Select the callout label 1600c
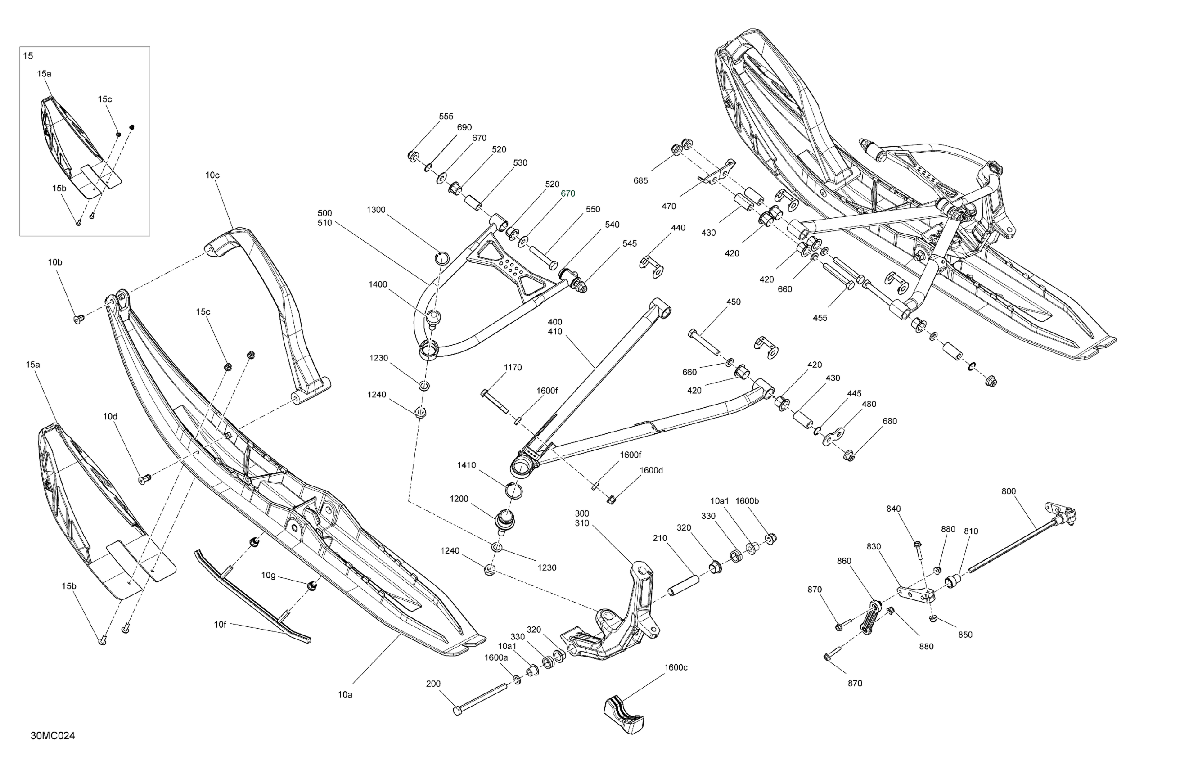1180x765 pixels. click(676, 667)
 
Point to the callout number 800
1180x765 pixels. click(1009, 491)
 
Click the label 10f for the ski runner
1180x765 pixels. click(220, 625)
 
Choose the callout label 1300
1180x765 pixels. click(376, 210)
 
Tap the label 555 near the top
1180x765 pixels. click(446, 117)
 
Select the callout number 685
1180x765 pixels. click(640, 180)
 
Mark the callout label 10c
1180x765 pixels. click(212, 175)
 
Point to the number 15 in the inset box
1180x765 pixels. click(28, 56)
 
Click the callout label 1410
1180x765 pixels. click(466, 465)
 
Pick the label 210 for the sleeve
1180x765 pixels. click(660, 538)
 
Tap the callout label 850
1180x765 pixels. click(965, 634)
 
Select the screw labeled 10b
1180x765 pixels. click(78, 319)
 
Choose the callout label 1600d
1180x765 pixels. click(651, 470)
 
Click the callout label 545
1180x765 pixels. click(629, 243)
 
